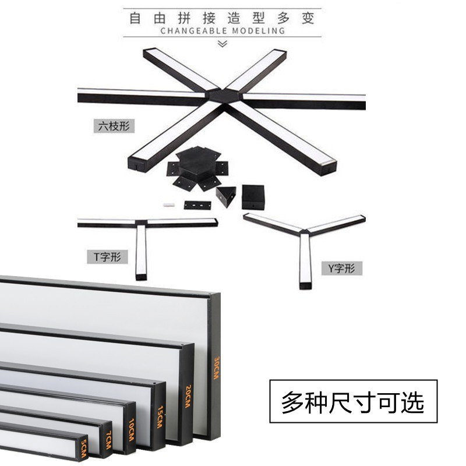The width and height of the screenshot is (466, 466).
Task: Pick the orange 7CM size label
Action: [x=109, y=443]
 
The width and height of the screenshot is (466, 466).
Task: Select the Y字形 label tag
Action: [x=342, y=269]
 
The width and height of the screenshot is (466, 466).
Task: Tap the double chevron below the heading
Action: [x=221, y=44]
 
